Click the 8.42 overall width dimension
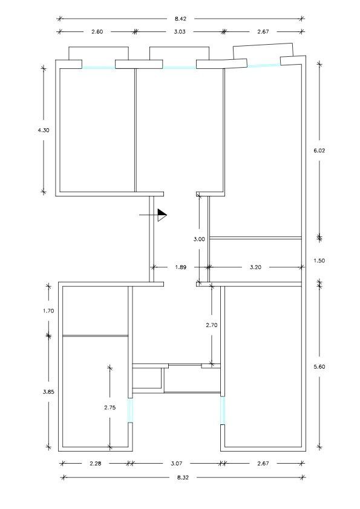coord(180,19)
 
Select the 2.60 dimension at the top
coord(97,32)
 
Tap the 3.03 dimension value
coord(179,32)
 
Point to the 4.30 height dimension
coord(44,130)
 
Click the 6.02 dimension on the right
coord(319,151)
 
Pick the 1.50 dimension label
coord(319,261)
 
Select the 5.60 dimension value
coord(319,367)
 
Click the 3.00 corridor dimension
coord(199,239)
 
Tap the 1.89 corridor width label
coord(181,267)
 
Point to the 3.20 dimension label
coord(255,267)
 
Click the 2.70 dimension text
coord(212,325)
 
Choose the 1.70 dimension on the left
coord(48,311)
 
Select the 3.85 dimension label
coord(48,392)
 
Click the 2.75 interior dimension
coord(110,407)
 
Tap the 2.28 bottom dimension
coord(96,464)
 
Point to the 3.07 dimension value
coord(177,464)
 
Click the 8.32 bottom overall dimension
coord(183,478)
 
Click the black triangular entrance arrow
coord(162,215)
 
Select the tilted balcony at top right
coord(263,51)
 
